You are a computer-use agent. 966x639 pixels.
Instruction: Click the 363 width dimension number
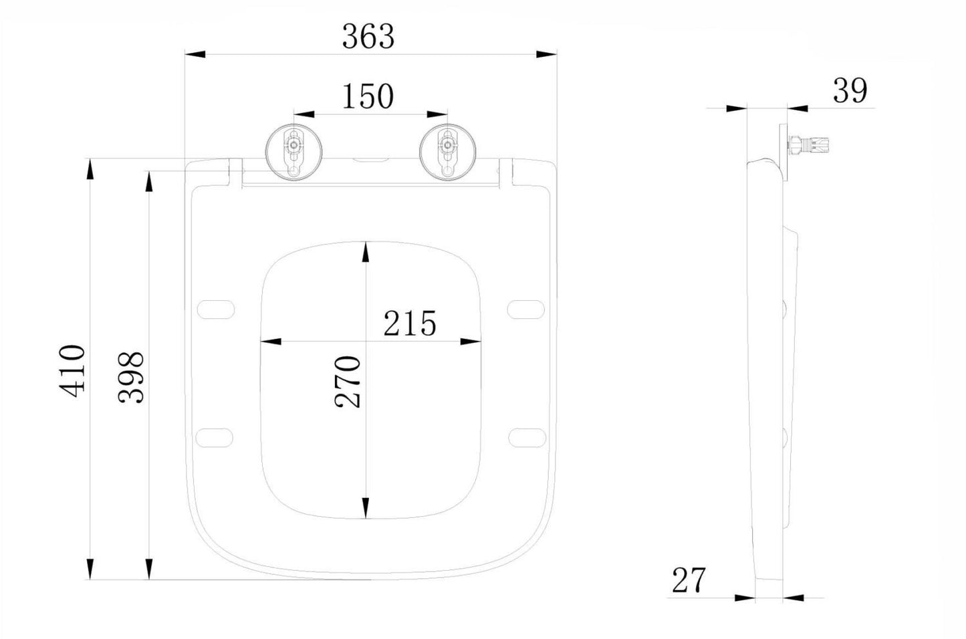coord(368,36)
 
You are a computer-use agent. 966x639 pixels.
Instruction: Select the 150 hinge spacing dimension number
coord(368,96)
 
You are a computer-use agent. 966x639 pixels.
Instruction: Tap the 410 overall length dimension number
coord(72,371)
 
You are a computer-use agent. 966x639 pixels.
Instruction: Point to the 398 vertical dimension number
coord(132,378)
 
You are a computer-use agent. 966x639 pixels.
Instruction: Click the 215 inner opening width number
coord(409,324)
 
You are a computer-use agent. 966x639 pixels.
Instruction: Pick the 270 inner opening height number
coord(348,382)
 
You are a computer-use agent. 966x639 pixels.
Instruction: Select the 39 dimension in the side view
coord(850,90)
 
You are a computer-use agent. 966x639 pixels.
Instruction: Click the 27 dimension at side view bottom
coord(689,580)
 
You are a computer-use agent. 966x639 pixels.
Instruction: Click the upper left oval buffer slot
coord(216,309)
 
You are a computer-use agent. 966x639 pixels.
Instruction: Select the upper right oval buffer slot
coord(527,309)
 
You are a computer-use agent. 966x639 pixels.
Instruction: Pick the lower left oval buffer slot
coord(215,436)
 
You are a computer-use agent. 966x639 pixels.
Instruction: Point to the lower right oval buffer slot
coord(527,436)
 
